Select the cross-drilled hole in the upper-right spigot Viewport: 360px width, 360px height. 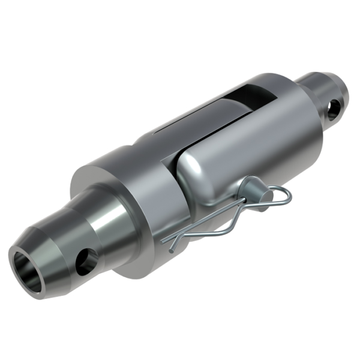tap(333, 107)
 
